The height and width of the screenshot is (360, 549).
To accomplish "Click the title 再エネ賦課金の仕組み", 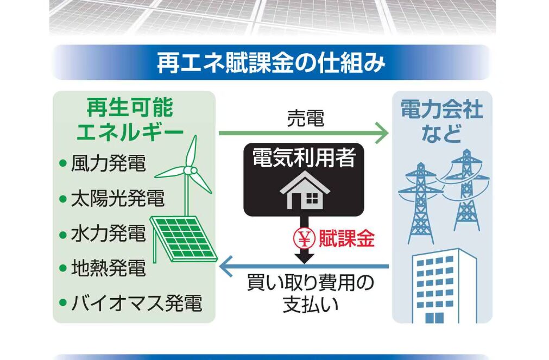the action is [271, 62].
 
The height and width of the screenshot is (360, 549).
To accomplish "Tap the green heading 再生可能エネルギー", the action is [130, 120].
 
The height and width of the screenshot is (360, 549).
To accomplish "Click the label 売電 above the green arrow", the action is [305, 118].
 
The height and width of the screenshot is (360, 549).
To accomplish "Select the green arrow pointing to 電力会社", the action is [304, 133].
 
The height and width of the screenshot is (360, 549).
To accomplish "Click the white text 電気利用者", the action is [304, 158].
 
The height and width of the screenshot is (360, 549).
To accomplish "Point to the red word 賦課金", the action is [346, 238].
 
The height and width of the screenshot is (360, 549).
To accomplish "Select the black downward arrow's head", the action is [304, 257].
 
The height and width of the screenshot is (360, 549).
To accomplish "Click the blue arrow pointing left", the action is [304, 267].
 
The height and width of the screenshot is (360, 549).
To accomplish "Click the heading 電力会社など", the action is [441, 121].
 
